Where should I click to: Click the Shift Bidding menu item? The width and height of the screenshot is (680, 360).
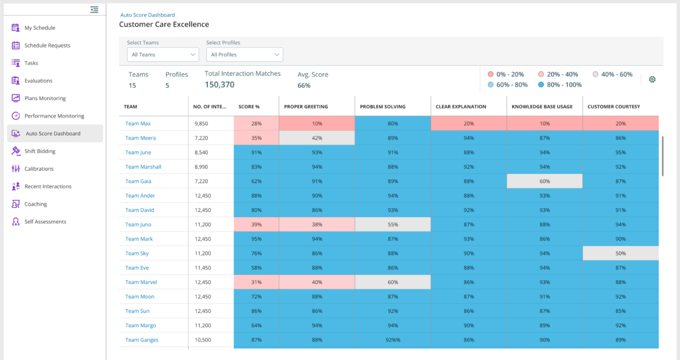(x=40, y=151)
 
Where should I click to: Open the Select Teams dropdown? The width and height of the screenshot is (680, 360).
(x=163, y=54)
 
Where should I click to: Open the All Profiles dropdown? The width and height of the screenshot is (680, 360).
(x=244, y=54)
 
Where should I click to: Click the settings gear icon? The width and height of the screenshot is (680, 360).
(x=652, y=79)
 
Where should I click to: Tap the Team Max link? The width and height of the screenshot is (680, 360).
(x=138, y=124)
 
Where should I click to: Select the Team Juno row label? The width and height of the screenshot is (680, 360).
(x=138, y=225)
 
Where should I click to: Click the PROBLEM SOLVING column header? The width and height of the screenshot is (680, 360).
(x=383, y=107)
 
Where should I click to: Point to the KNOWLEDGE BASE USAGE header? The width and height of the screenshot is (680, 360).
(x=542, y=107)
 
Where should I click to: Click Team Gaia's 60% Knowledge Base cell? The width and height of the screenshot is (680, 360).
(x=544, y=181)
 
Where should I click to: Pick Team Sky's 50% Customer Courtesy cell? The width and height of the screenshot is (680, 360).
(x=620, y=253)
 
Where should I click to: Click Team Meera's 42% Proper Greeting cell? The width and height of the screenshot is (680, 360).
(x=317, y=138)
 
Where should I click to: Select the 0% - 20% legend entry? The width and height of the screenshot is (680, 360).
(x=506, y=75)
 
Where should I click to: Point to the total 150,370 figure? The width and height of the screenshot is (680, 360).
(x=219, y=85)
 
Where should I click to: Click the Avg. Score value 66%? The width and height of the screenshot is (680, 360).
(x=304, y=85)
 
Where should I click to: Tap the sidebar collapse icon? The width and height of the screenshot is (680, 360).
(x=94, y=10)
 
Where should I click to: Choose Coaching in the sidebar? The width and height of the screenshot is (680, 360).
(x=35, y=204)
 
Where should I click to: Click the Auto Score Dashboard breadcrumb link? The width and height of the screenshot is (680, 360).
(x=147, y=15)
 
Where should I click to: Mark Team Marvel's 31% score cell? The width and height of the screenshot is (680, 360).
(x=256, y=282)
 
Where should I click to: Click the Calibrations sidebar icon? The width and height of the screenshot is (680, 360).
(x=16, y=169)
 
